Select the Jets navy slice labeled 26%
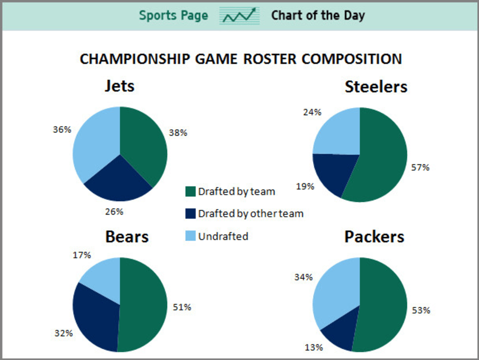(118, 181)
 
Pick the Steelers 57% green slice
(380, 157)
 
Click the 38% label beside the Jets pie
(178, 132)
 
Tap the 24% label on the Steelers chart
(312, 112)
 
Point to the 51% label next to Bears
(182, 307)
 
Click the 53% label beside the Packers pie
(421, 310)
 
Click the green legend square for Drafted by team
(190, 192)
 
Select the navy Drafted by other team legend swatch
(190, 214)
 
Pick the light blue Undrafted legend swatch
(190, 236)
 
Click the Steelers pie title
(376, 87)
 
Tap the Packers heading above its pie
(374, 237)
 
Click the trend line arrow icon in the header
(239, 15)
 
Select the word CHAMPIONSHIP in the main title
(135, 59)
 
